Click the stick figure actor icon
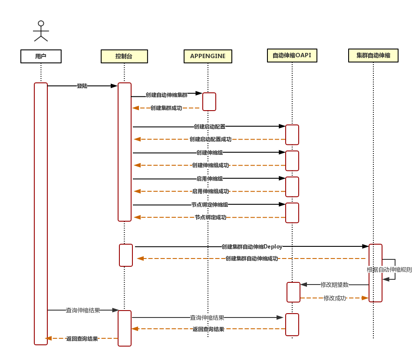[41, 31]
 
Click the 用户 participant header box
[41, 56]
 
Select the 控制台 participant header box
[124, 56]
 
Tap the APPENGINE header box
[208, 56]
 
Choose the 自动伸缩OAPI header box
[292, 56]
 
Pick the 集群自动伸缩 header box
[373, 56]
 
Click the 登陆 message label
[82, 86]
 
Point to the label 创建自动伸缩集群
[167, 95]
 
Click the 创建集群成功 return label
[166, 108]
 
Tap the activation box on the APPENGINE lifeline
[209, 101]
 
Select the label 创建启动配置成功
[211, 139]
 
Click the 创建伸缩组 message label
[210, 153]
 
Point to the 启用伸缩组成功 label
[211, 191]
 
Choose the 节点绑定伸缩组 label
[210, 205]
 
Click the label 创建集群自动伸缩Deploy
[252, 247]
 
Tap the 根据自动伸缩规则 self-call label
[389, 270]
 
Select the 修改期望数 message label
[334, 285]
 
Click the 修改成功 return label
[335, 298]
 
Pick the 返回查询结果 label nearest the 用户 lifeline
[82, 339]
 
